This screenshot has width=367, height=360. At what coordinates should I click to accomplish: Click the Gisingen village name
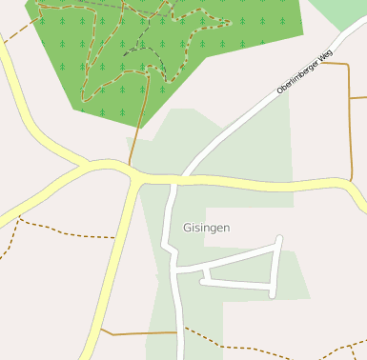[206, 229]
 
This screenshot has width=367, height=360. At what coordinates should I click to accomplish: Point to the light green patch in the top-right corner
[343, 11]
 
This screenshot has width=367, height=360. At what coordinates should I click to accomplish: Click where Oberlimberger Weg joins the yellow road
[185, 178]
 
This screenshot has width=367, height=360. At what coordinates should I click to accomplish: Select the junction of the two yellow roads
[136, 176]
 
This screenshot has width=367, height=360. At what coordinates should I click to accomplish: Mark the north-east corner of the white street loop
[279, 238]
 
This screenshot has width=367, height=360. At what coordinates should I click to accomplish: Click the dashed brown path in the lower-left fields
[67, 231]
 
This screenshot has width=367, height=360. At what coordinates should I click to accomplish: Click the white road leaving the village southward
[179, 324]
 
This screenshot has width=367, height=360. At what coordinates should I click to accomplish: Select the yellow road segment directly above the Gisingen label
[219, 180]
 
